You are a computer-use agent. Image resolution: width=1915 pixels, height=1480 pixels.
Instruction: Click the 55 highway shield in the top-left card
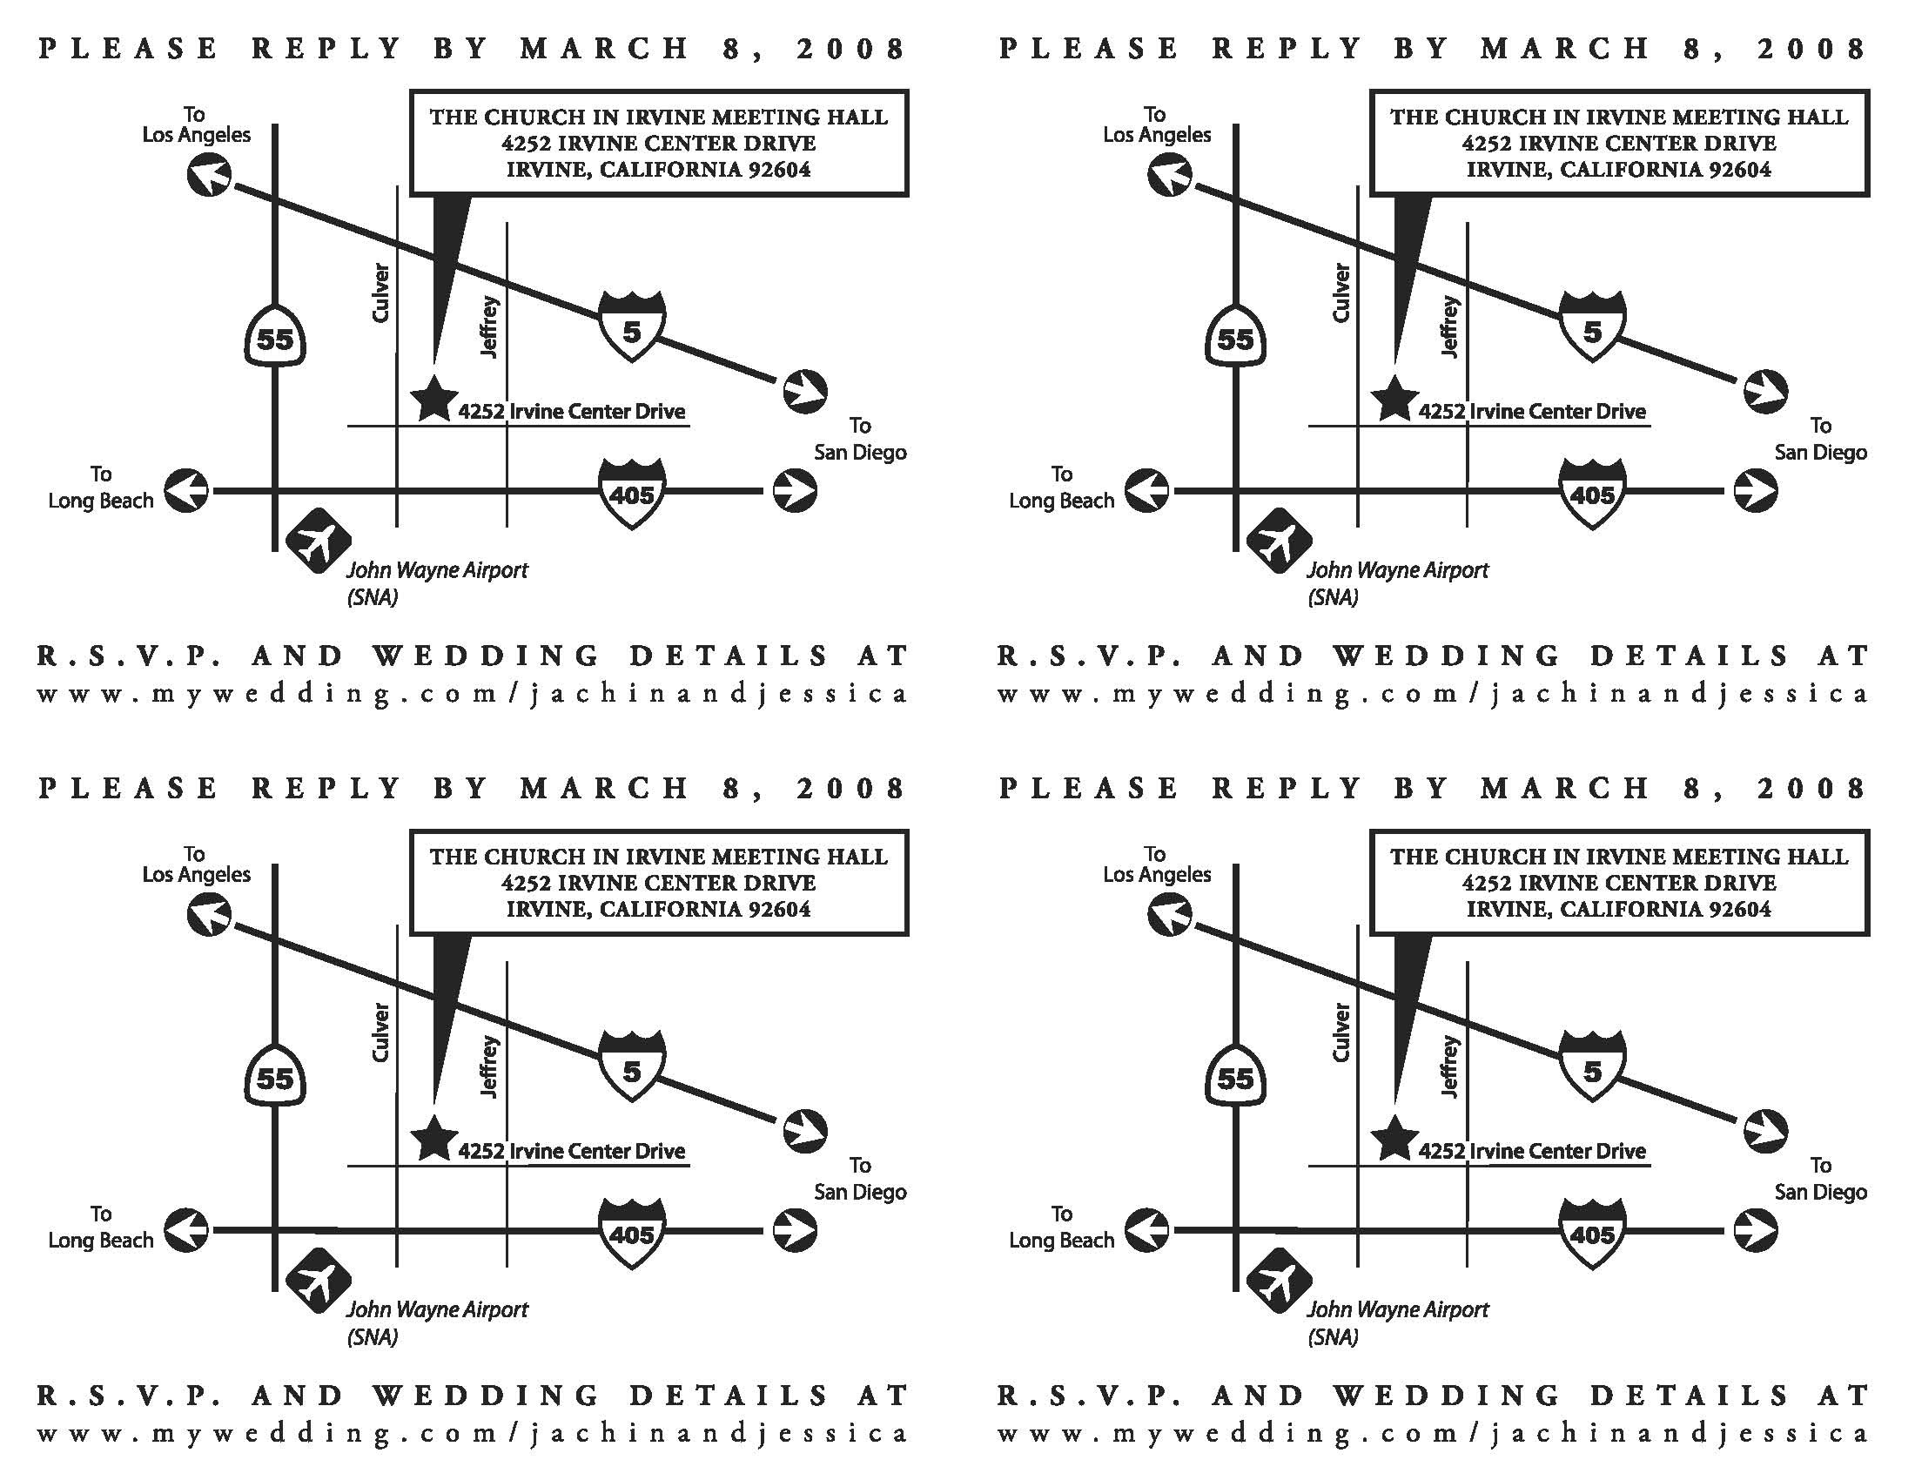point(275,337)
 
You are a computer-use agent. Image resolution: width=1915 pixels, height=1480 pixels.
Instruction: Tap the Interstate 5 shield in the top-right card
point(1592,327)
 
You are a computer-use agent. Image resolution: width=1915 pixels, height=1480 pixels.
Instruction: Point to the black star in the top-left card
point(433,399)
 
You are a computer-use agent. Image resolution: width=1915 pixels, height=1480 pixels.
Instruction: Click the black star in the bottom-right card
point(1394,1139)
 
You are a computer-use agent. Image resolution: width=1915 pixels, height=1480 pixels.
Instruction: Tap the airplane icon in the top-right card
point(1279,541)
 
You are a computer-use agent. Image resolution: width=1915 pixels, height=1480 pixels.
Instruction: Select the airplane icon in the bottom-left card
point(319,1281)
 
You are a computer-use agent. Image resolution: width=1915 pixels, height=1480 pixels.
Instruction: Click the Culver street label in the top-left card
point(380,293)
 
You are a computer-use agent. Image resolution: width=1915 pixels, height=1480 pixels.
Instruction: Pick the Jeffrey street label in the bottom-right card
point(1450,1066)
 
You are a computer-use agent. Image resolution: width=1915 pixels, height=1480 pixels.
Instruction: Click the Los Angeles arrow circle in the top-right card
point(1170,175)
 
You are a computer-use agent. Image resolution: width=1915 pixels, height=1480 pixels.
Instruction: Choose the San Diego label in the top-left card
point(859,452)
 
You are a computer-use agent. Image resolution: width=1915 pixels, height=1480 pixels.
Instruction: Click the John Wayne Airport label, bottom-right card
point(1397,1309)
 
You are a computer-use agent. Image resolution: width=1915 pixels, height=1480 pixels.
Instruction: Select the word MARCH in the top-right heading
point(1565,48)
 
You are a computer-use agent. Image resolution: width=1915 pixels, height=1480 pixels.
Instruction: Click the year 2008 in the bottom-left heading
point(850,788)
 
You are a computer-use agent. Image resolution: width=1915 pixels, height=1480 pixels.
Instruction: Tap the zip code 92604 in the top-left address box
point(779,169)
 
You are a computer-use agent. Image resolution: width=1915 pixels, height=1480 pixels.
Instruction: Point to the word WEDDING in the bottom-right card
point(1447,1395)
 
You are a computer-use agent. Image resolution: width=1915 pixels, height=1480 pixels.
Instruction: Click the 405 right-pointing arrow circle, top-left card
point(795,490)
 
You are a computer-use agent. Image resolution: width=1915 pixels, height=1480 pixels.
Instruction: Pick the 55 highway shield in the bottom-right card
point(1235,1077)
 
